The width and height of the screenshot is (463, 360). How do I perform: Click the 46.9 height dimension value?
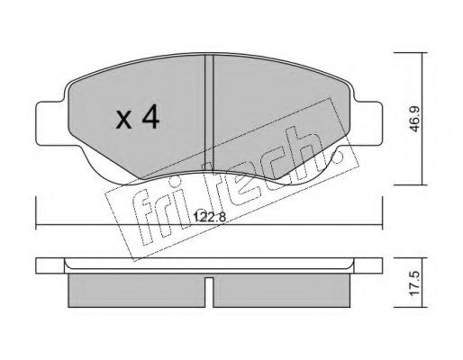point(415,119)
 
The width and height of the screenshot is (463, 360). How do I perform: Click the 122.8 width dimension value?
point(209,217)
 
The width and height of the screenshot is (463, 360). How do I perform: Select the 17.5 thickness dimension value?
point(415,283)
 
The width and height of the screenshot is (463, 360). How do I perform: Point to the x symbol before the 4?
point(124,120)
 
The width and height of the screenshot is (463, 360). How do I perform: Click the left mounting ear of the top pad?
point(50,123)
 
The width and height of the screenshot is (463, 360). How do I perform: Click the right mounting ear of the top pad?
point(368,123)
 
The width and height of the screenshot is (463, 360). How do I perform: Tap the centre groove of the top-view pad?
point(209,113)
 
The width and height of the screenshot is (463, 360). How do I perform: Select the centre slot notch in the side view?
point(209,292)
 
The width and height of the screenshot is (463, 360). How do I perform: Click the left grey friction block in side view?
point(137,290)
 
